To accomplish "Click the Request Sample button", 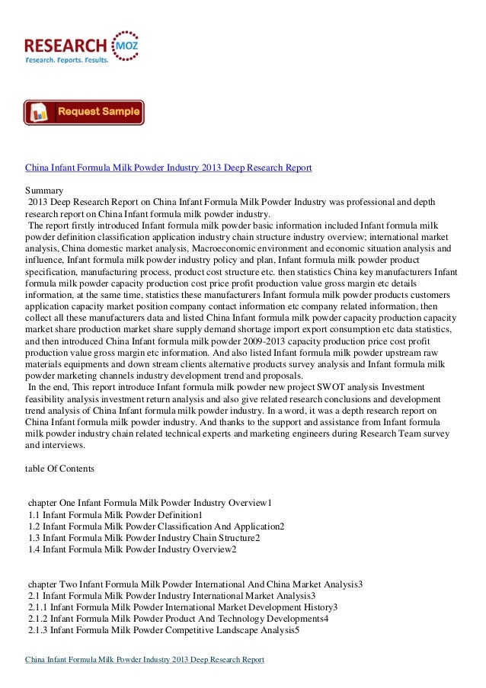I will pos(84,112).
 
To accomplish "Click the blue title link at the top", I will pos(168,167).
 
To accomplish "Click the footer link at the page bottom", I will pos(145,660).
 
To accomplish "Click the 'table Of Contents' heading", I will pos(60,469).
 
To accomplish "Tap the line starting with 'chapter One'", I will pos(150,504).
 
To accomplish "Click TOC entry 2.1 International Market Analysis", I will pos(171,596).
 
